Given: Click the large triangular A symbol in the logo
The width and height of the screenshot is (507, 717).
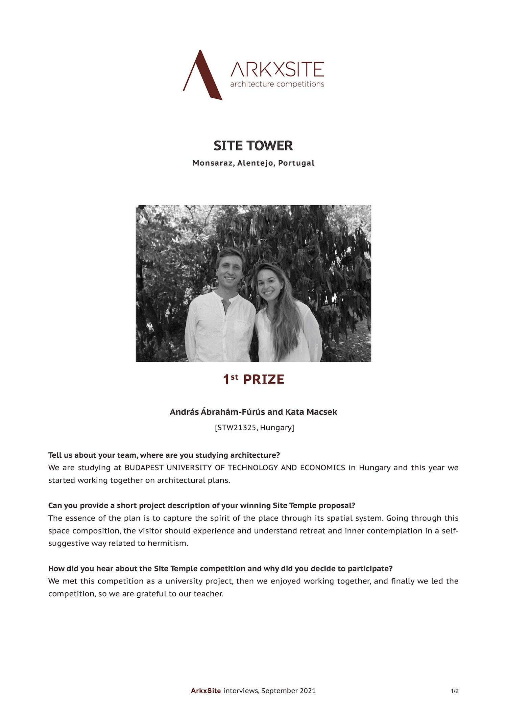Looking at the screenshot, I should pos(202,76).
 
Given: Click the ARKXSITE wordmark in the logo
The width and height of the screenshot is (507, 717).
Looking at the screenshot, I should pos(277,69).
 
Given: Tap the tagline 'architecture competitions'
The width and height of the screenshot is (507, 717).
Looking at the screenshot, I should pos(277,84).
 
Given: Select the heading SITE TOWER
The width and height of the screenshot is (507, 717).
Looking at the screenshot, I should pos(253,146).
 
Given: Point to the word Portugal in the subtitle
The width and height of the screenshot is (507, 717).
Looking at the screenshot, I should pos(296,163).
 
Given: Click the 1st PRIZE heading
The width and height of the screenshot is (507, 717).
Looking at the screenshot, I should pos(253,380).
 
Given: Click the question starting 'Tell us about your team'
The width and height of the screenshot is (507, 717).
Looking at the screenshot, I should pos(164,455).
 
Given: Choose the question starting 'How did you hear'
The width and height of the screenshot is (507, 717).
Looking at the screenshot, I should pos(220,569).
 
